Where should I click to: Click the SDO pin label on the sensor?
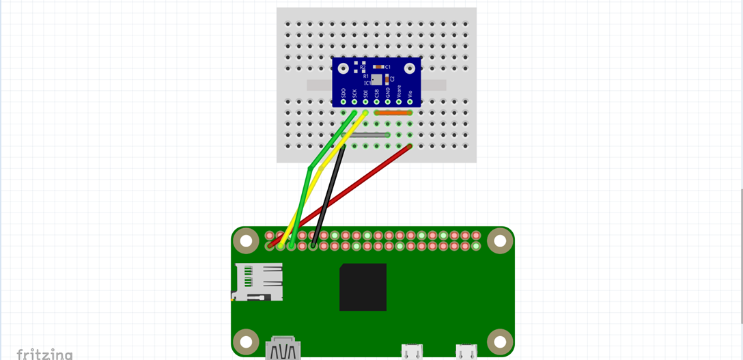pos(344,92)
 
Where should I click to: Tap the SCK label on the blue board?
pos(354,92)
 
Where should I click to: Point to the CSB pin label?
pos(376,92)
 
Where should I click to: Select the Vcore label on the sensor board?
pos(399,91)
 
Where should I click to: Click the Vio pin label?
pos(410,92)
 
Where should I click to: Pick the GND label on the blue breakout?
pos(388,92)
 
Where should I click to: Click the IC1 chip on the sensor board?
pos(377,81)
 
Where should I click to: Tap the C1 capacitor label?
pos(388,67)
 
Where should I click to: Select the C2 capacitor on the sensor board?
pos(387,79)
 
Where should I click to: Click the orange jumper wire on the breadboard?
pos(393,113)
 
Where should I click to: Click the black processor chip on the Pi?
pos(363,287)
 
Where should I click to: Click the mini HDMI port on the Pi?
pos(282,348)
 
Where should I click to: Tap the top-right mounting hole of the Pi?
pos(500,240)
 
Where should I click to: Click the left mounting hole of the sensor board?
pos(344,68)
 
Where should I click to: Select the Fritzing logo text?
pos(44,354)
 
